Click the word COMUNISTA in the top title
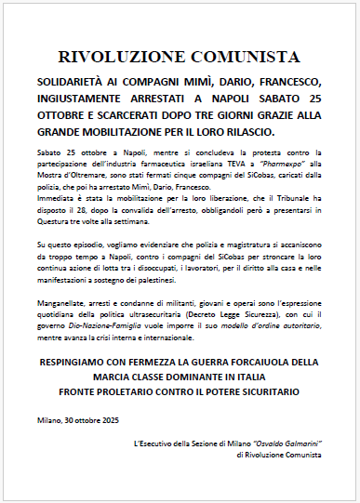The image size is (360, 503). (233, 58)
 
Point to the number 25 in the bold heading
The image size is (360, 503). (316, 97)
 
